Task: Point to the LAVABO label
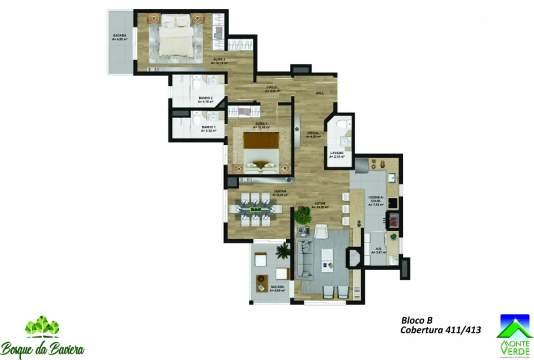tap(337, 153)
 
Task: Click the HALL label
tap(320, 93)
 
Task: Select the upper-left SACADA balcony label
tap(120, 37)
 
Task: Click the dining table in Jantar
tap(256, 209)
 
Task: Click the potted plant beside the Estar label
tap(303, 213)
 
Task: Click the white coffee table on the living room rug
tap(329, 259)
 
